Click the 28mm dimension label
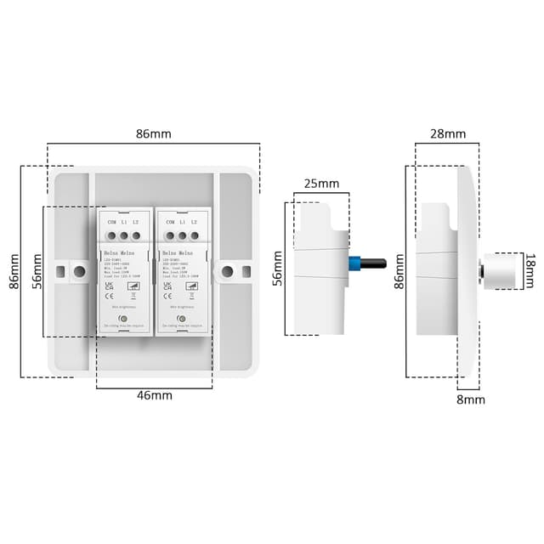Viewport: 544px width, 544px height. tap(448, 133)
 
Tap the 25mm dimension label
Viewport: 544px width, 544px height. tap(320, 184)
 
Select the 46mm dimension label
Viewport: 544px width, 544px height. tap(154, 395)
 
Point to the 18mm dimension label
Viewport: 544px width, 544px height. tap(530, 270)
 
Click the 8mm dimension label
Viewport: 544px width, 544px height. tap(471, 399)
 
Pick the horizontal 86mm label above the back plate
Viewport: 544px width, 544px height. tap(153, 133)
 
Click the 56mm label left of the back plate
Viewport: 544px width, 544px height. tap(37, 271)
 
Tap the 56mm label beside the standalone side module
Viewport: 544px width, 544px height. tap(277, 269)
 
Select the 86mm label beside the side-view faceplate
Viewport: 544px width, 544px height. tap(400, 271)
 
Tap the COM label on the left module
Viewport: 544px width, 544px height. tap(111, 221)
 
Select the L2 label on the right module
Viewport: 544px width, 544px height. tap(194, 221)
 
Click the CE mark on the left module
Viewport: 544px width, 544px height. tap(109, 297)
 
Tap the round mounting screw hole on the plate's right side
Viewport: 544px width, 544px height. tap(227, 272)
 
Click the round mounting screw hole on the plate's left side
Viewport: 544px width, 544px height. tap(79, 272)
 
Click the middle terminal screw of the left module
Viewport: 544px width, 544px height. tap(123, 235)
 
